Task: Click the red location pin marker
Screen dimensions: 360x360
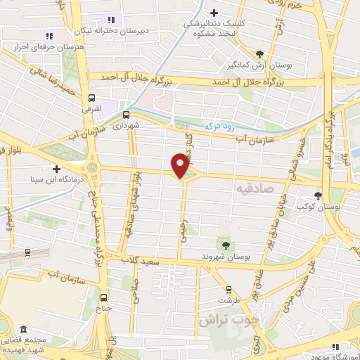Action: pos(181,166)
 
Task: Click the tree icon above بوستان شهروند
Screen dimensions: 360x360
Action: pos(225,245)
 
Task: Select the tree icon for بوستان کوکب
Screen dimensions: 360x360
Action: pos(319,195)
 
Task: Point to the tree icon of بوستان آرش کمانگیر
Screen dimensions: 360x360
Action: pos(260,53)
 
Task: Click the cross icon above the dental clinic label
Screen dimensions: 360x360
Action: pos(215,11)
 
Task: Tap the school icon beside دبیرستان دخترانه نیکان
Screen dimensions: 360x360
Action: pos(109,20)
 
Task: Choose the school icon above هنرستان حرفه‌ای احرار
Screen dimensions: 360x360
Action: pos(49,35)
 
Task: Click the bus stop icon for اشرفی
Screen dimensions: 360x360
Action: pos(91,99)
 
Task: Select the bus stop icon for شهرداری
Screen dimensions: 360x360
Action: pos(127,114)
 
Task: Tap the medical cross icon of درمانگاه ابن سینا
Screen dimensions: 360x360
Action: pos(56,169)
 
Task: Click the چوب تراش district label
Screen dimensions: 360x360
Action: pos(227,319)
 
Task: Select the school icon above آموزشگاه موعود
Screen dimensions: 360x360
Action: pos(335,345)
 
